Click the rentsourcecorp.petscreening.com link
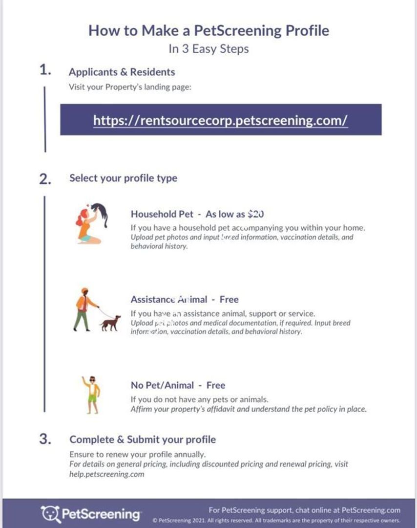pyautogui.click(x=220, y=120)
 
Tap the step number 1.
pyautogui.click(x=45, y=70)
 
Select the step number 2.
pyautogui.click(x=45, y=179)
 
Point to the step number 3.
pyautogui.click(x=45, y=439)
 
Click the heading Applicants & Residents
pyautogui.click(x=122, y=72)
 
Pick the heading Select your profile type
pyautogui.click(x=123, y=178)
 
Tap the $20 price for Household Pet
pyautogui.click(x=256, y=214)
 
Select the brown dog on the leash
pyautogui.click(x=110, y=323)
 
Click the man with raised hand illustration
pyautogui.click(x=91, y=394)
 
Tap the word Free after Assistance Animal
pyautogui.click(x=229, y=300)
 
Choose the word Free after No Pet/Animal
pyautogui.click(x=215, y=385)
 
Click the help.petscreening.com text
pyautogui.click(x=107, y=474)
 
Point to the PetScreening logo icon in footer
pyautogui.click(x=50, y=513)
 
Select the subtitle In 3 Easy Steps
pyautogui.click(x=208, y=49)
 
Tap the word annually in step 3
pyautogui.click(x=188, y=454)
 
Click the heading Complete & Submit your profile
pyautogui.click(x=143, y=440)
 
